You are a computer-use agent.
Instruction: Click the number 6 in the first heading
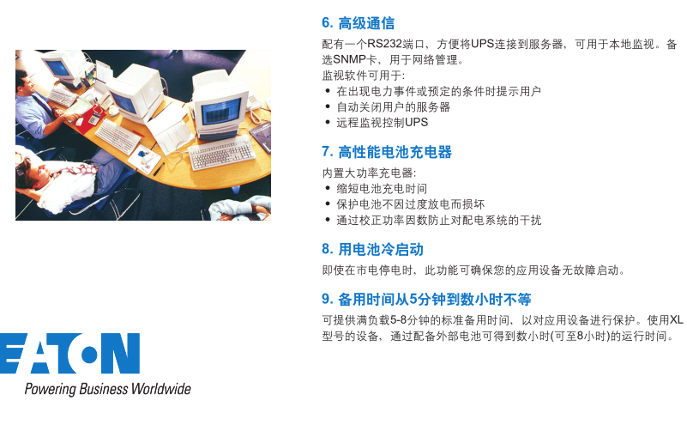point(327,23)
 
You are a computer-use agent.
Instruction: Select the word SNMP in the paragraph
point(349,59)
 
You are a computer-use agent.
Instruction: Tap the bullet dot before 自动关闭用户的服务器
point(328,106)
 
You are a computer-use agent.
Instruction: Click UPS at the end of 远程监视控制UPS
point(416,123)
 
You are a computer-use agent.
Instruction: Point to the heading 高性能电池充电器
point(395,152)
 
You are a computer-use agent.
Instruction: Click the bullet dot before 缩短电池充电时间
point(328,188)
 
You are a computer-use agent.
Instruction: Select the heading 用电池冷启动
point(380,250)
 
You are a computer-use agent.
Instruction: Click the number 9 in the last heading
point(327,299)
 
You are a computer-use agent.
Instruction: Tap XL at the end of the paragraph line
point(676,320)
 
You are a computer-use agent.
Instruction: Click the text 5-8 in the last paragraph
point(398,320)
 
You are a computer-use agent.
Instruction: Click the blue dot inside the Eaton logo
point(89,355)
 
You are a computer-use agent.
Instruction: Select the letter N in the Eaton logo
point(124,354)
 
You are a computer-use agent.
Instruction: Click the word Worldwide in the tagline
point(160,389)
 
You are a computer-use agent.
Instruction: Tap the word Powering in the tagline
point(51,390)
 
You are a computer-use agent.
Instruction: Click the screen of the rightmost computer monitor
point(221,112)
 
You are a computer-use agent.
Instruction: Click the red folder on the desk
point(87,119)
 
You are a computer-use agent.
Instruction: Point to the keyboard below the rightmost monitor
point(221,152)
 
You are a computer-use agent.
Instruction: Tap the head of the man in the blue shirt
point(23,82)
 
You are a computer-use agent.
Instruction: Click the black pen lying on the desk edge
point(159,169)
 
